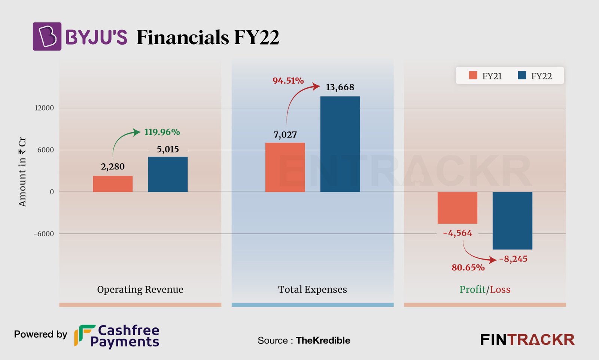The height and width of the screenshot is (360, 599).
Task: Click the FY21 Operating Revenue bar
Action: pyautogui.click(x=113, y=184)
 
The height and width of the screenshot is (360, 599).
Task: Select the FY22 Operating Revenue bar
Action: pyautogui.click(x=168, y=174)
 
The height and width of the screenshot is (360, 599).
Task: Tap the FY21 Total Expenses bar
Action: pyautogui.click(x=285, y=167)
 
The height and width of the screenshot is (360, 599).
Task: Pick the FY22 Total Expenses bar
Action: pyautogui.click(x=340, y=144)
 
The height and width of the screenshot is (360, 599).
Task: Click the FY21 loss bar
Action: pyautogui.click(x=457, y=208)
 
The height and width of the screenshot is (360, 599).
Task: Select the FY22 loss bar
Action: pyautogui.click(x=512, y=221)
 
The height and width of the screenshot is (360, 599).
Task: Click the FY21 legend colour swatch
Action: pyautogui.click(x=473, y=76)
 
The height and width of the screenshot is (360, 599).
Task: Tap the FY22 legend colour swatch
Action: pyautogui.click(x=522, y=76)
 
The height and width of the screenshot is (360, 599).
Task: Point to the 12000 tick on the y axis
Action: pyautogui.click(x=44, y=108)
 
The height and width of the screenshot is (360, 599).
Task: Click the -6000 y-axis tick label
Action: pyautogui.click(x=43, y=234)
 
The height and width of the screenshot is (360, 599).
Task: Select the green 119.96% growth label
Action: pyautogui.click(x=162, y=132)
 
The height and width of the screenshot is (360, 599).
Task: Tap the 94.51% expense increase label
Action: pyautogui.click(x=288, y=81)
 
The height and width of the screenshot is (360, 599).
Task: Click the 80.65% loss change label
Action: pyautogui.click(x=468, y=268)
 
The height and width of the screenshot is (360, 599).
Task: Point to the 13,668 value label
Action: pyautogui.click(x=340, y=87)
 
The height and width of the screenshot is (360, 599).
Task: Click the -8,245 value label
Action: pyautogui.click(x=513, y=259)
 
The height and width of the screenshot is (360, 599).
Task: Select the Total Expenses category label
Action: pyautogui.click(x=312, y=290)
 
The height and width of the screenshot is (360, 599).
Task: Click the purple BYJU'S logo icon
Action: pyautogui.click(x=47, y=36)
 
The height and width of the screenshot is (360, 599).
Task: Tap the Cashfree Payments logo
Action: pyautogui.click(x=117, y=336)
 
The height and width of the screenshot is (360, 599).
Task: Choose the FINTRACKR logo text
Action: pyautogui.click(x=527, y=340)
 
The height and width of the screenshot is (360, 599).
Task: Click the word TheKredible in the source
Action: pyautogui.click(x=323, y=341)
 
